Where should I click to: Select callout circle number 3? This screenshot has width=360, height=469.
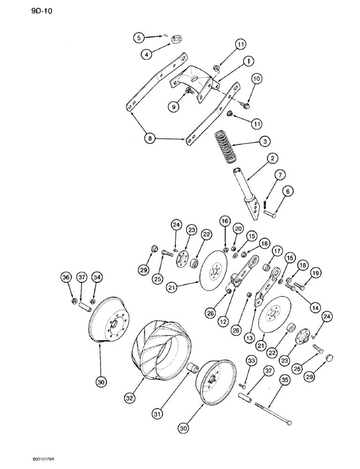click(265, 141)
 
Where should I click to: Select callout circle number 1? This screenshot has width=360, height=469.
click(248, 61)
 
